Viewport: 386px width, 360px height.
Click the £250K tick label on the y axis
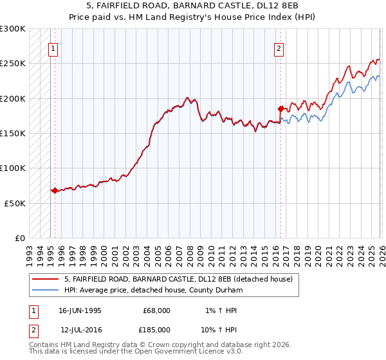13,64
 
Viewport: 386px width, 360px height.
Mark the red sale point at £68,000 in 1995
55,190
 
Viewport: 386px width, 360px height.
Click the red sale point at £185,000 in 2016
280,109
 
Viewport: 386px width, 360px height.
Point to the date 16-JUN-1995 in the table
80,310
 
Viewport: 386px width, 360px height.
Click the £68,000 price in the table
156,310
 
